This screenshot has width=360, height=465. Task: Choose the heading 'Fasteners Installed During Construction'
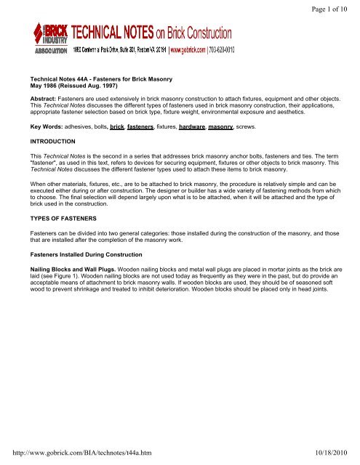pos(103,251)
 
